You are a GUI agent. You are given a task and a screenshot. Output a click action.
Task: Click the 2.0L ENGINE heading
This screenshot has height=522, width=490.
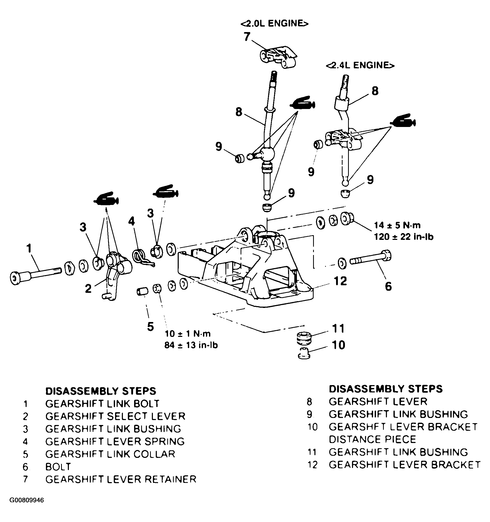coord(274,23)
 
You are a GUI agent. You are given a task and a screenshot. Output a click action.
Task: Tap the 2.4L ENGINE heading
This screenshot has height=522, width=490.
coord(360,65)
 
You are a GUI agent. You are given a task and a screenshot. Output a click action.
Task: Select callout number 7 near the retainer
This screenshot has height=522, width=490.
coord(247,37)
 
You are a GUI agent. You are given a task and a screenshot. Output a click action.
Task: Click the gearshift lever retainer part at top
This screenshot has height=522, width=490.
coord(278,58)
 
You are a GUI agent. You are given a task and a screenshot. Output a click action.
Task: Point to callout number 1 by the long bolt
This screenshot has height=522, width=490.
coord(29,248)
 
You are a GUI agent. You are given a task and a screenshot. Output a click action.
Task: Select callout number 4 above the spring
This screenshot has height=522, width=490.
coord(132,221)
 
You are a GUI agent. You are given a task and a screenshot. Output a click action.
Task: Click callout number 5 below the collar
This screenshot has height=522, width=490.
coord(150,327)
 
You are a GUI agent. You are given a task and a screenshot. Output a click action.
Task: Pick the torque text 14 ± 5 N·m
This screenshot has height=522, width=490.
coord(397,225)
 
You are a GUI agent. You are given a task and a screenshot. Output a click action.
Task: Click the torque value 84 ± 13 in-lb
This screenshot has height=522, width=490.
coord(191,345)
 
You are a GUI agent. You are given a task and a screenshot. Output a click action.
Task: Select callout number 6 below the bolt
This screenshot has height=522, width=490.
coord(388,286)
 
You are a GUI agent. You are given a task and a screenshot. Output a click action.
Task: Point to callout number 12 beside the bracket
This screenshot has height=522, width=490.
coord(340,281)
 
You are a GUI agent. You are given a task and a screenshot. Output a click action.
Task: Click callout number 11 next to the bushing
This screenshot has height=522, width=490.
coord(338,328)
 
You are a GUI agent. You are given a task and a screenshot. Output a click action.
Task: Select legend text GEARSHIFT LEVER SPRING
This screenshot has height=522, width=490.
coord(115,441)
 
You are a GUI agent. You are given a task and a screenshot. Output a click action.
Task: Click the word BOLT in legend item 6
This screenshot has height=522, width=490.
coord(58,467)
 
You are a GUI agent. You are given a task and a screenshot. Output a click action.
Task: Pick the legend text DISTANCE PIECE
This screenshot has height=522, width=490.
coord(372,439)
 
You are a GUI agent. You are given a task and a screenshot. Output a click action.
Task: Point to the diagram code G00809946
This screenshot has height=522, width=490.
coord(27,500)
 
